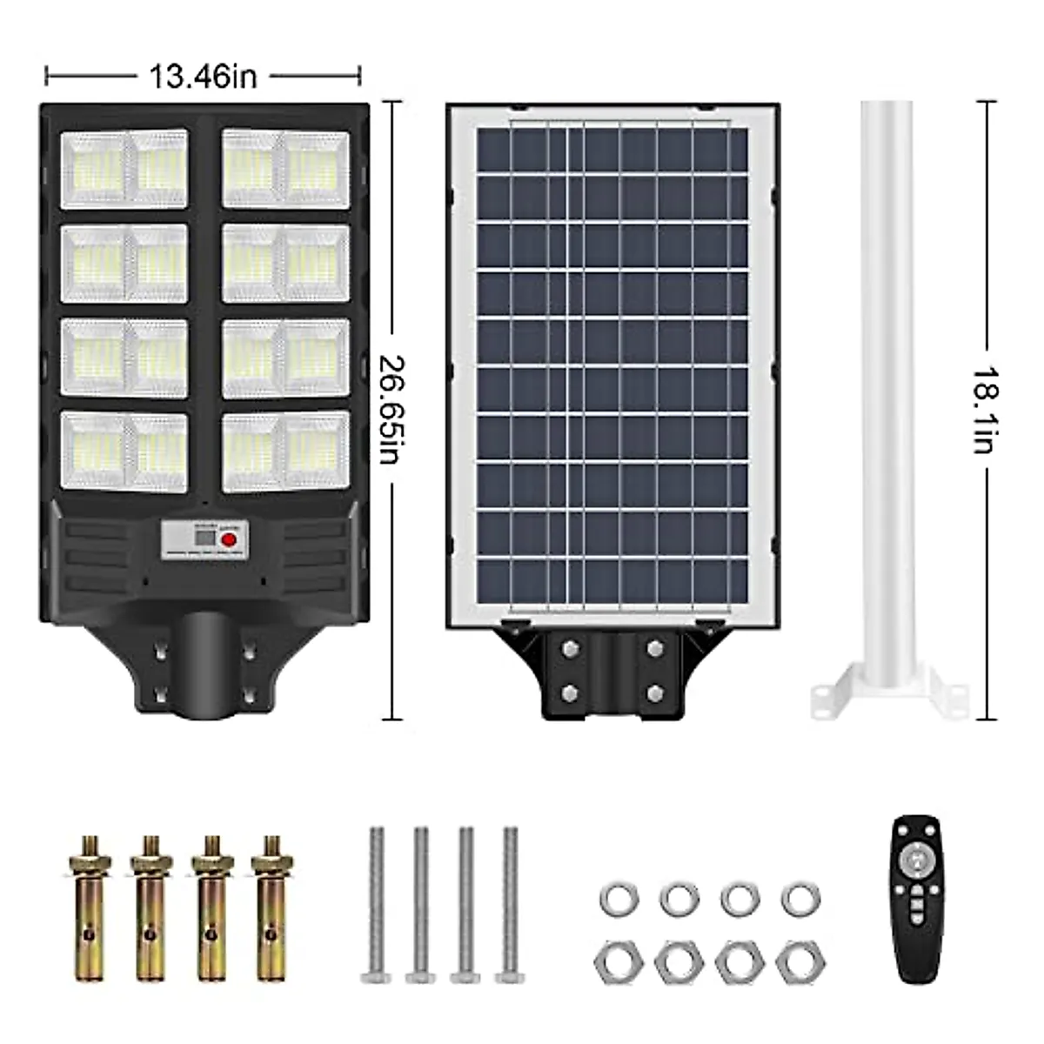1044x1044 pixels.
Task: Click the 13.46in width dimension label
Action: click(204, 77)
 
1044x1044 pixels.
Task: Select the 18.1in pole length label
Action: click(983, 409)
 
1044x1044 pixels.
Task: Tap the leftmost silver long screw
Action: click(377, 905)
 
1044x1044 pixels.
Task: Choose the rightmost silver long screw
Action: click(507, 905)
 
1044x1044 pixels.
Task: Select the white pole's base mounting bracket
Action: click(889, 695)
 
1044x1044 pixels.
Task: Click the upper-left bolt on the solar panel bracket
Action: click(571, 648)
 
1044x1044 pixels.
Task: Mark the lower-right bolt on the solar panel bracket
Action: click(654, 693)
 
